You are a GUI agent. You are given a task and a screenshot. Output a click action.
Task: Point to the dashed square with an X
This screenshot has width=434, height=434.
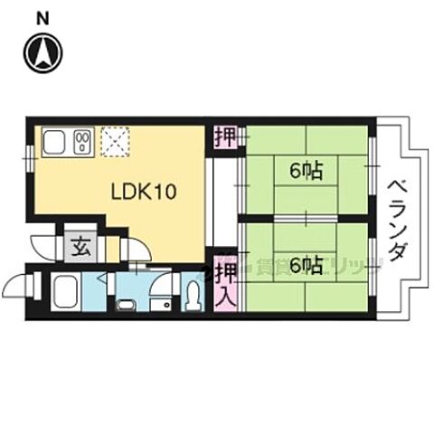click(116, 141)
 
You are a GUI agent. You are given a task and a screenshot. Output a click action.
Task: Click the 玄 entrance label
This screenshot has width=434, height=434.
click(80, 247)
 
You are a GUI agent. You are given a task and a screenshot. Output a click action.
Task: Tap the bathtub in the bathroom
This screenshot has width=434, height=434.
click(66, 292)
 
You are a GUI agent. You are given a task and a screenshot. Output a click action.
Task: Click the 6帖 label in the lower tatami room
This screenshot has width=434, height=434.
click(307, 264)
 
